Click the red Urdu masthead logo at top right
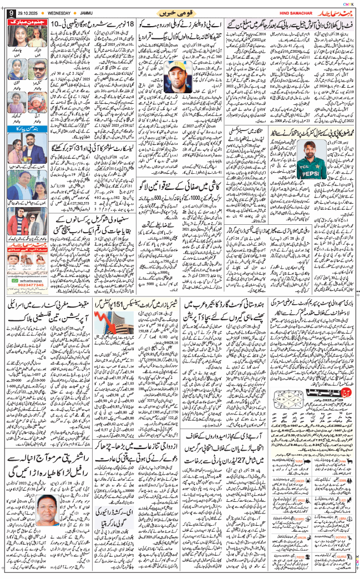pyautogui.click(x=331, y=12)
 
